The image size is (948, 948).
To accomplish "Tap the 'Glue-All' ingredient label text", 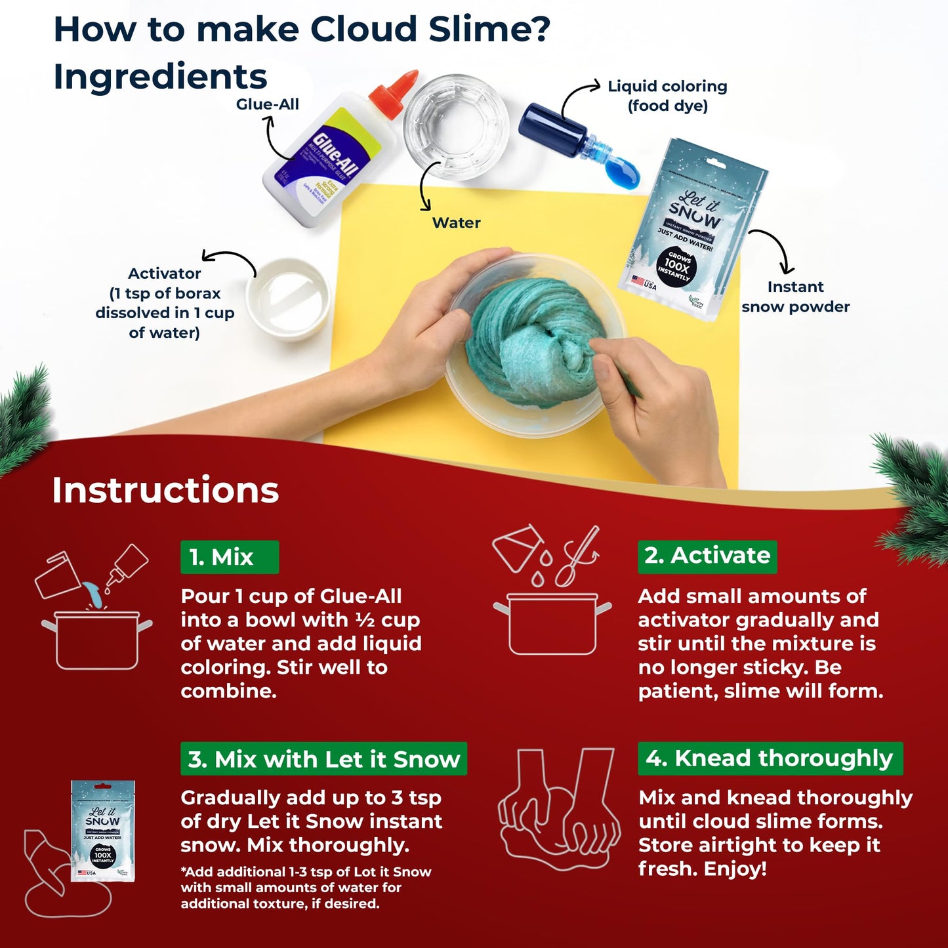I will tap(267, 104).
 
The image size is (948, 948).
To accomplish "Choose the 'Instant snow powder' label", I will tap(795, 297).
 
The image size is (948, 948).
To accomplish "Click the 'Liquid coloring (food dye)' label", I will tap(667, 96).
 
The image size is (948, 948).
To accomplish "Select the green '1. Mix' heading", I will tap(229, 557).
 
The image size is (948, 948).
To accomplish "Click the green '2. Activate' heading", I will tap(707, 556).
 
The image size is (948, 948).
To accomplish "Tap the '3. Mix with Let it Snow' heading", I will tap(323, 759).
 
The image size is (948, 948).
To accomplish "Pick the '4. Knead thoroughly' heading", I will tap(770, 758).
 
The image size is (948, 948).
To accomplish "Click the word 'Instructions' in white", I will tap(165, 490).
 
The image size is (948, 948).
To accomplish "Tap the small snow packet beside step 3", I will tap(102, 830).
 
